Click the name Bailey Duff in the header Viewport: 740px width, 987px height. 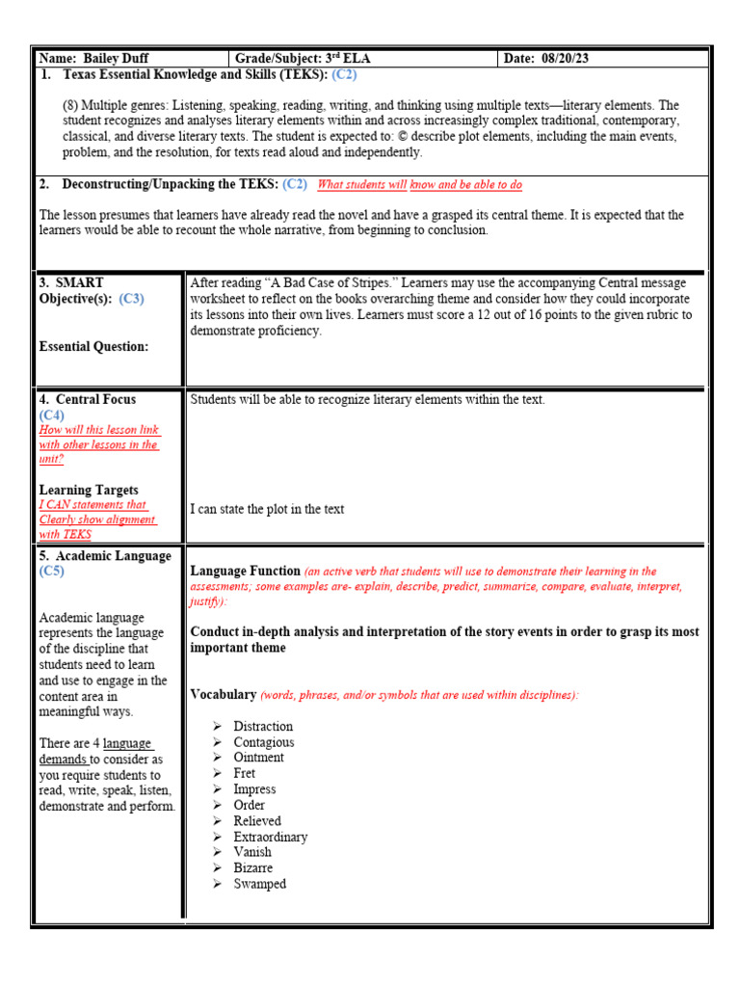click(x=116, y=58)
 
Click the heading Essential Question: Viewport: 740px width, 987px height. click(x=93, y=346)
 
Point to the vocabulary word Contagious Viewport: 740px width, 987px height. click(x=263, y=742)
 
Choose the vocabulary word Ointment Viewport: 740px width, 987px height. click(x=258, y=758)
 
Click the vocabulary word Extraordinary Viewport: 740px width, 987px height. click(x=270, y=837)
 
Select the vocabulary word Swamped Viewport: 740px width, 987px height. click(x=259, y=884)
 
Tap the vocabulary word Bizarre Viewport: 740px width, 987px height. click(x=252, y=867)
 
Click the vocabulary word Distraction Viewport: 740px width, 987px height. click(x=262, y=726)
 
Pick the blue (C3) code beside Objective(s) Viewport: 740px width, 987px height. click(x=132, y=299)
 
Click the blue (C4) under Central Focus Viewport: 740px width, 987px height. click(x=52, y=414)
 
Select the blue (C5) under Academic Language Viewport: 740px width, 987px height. click(x=52, y=572)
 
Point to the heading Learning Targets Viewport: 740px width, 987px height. click(x=89, y=490)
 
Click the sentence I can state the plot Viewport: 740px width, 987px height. click(x=267, y=509)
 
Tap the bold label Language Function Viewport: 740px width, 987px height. click(x=245, y=572)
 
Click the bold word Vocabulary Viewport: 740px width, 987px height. click(x=224, y=694)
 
